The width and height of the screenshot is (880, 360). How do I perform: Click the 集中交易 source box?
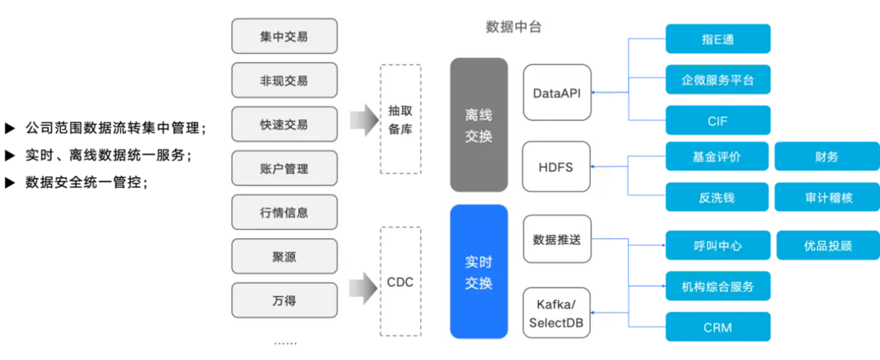click(x=284, y=37)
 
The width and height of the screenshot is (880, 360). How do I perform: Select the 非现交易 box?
click(x=284, y=81)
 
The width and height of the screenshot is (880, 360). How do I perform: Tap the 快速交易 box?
click(x=284, y=125)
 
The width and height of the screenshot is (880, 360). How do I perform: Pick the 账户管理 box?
click(x=284, y=169)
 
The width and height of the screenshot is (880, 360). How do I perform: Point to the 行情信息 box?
click(x=284, y=213)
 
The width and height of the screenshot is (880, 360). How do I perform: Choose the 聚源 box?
click(x=284, y=257)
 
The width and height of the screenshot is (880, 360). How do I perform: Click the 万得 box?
click(x=284, y=301)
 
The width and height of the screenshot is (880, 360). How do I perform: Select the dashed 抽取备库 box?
click(x=400, y=120)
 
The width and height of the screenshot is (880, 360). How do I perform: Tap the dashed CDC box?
click(x=400, y=282)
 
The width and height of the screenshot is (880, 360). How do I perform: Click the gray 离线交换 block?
click(x=478, y=125)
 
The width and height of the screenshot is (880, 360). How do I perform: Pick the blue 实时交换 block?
click(x=478, y=272)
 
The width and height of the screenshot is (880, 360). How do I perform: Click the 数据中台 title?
click(x=514, y=27)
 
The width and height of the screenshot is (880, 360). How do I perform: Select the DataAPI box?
click(x=557, y=93)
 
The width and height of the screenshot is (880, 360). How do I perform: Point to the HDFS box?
click(x=557, y=168)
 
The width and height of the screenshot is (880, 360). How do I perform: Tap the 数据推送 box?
click(x=557, y=239)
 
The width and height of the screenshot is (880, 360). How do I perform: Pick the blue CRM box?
click(x=720, y=328)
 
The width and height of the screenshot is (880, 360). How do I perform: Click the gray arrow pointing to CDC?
click(x=365, y=283)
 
